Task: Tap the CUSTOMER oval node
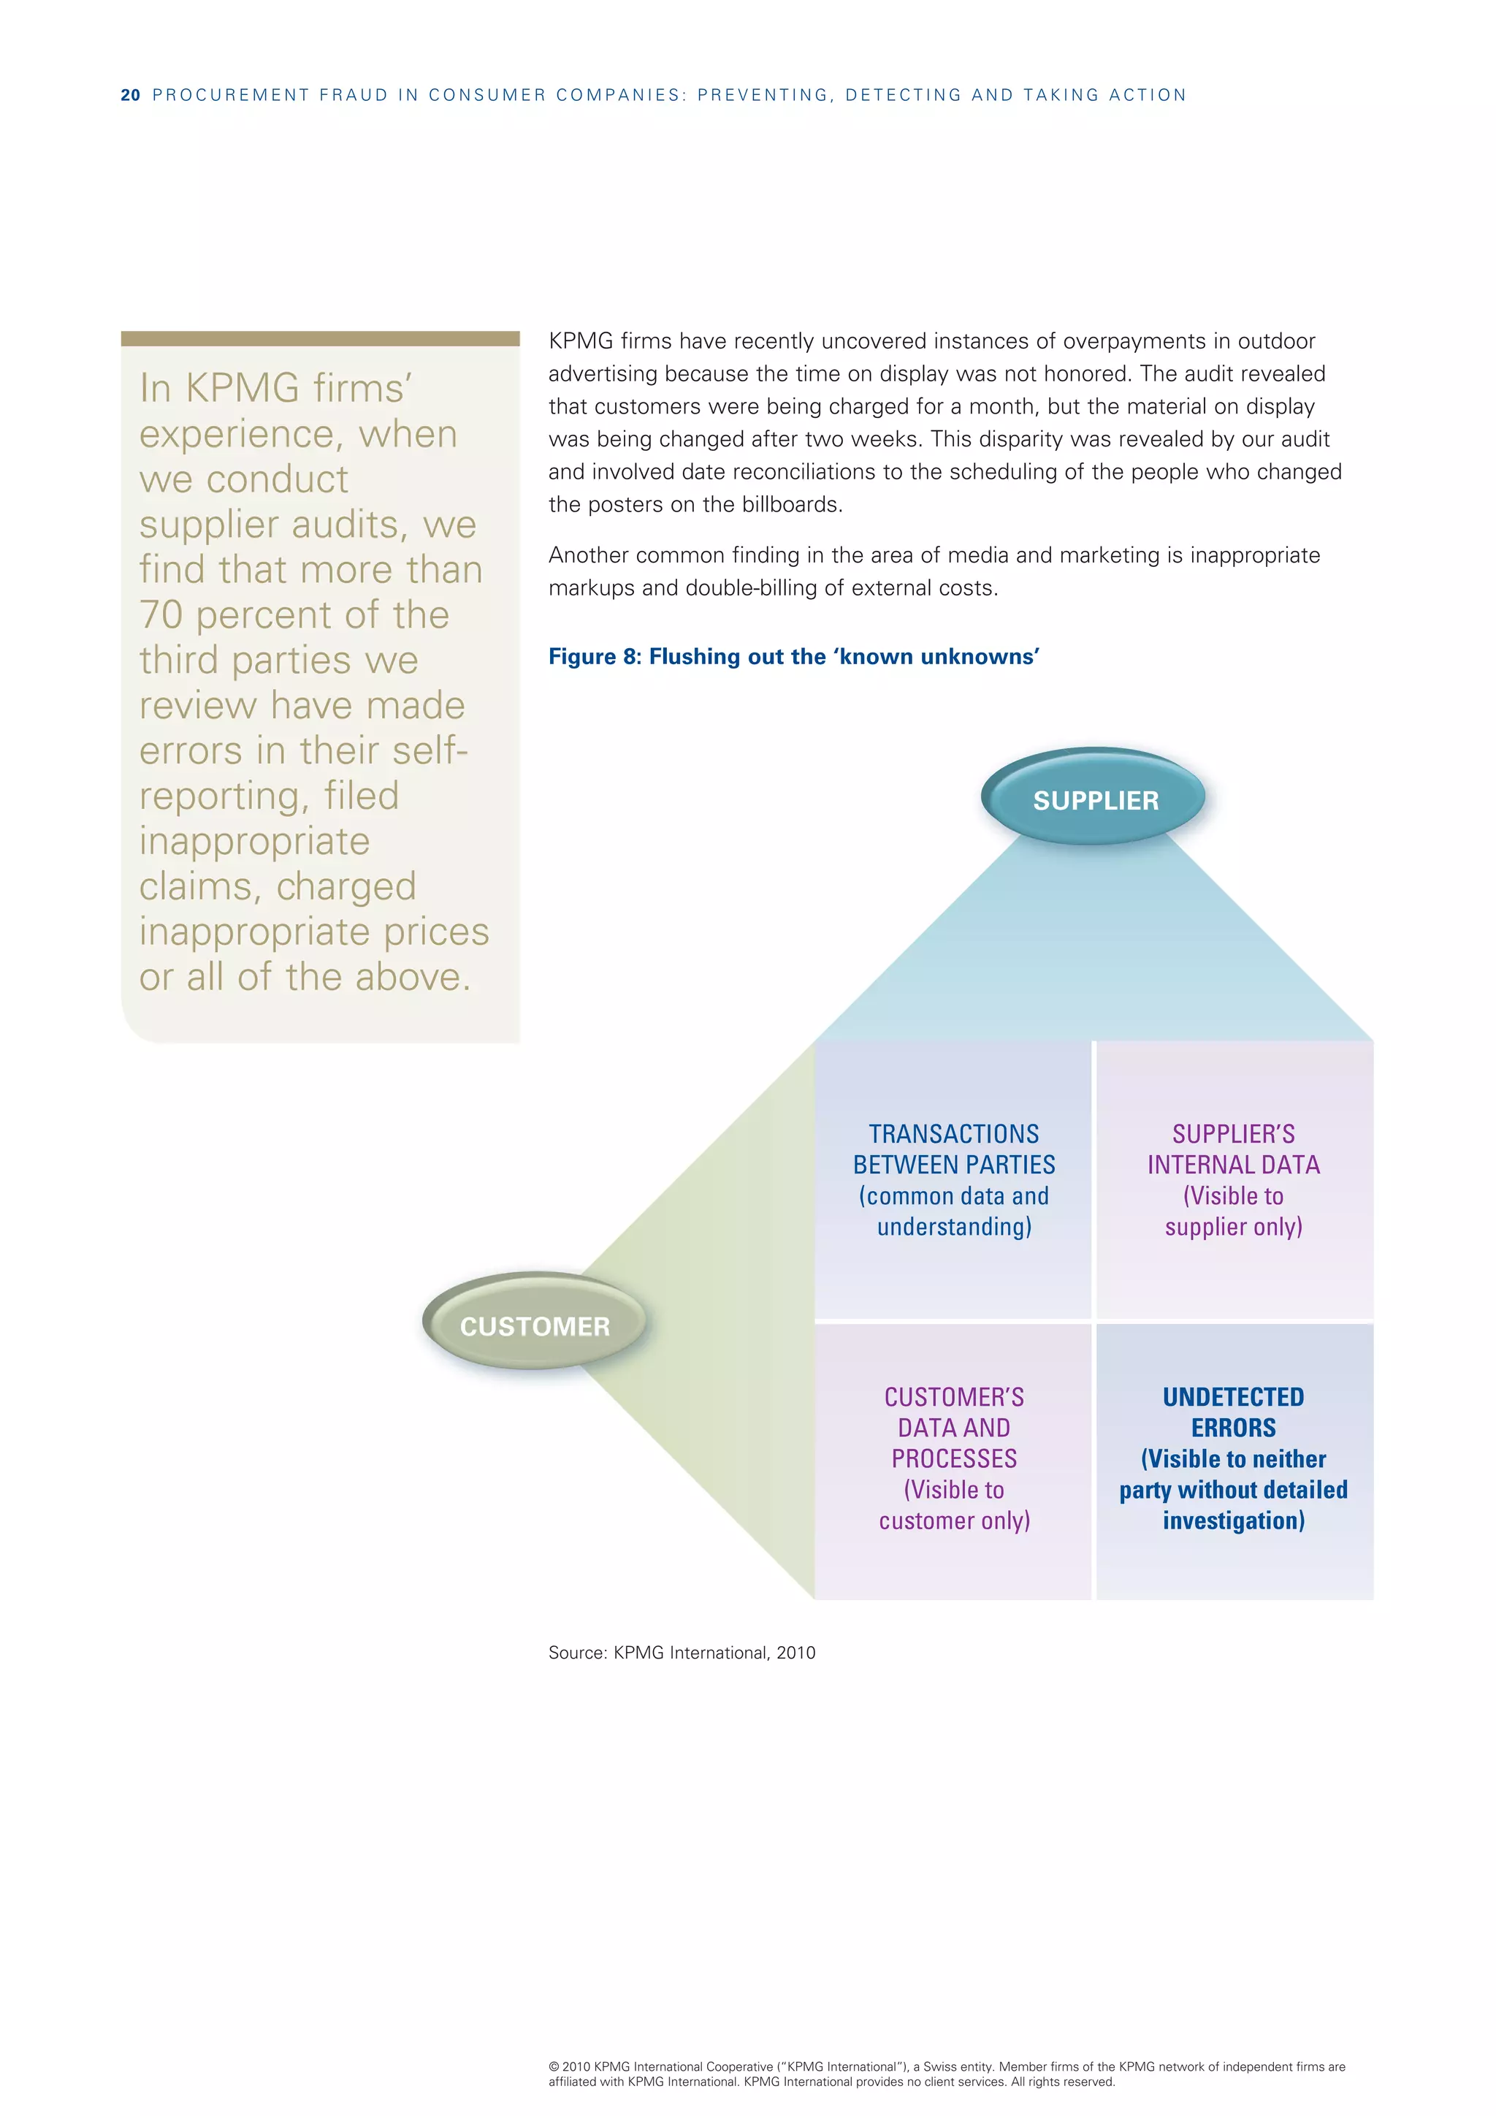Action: click(x=534, y=1325)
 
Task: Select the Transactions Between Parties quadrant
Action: click(x=953, y=1179)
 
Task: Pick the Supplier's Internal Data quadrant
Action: click(x=1234, y=1179)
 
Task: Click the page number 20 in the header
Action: click(x=130, y=95)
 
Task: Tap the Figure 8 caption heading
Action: click(x=793, y=656)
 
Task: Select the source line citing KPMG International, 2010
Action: click(x=682, y=1653)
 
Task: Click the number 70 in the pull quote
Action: click(x=161, y=614)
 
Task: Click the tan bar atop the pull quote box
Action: click(x=320, y=338)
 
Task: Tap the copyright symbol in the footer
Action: click(x=554, y=2067)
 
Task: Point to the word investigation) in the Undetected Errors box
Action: click(x=1234, y=1520)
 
